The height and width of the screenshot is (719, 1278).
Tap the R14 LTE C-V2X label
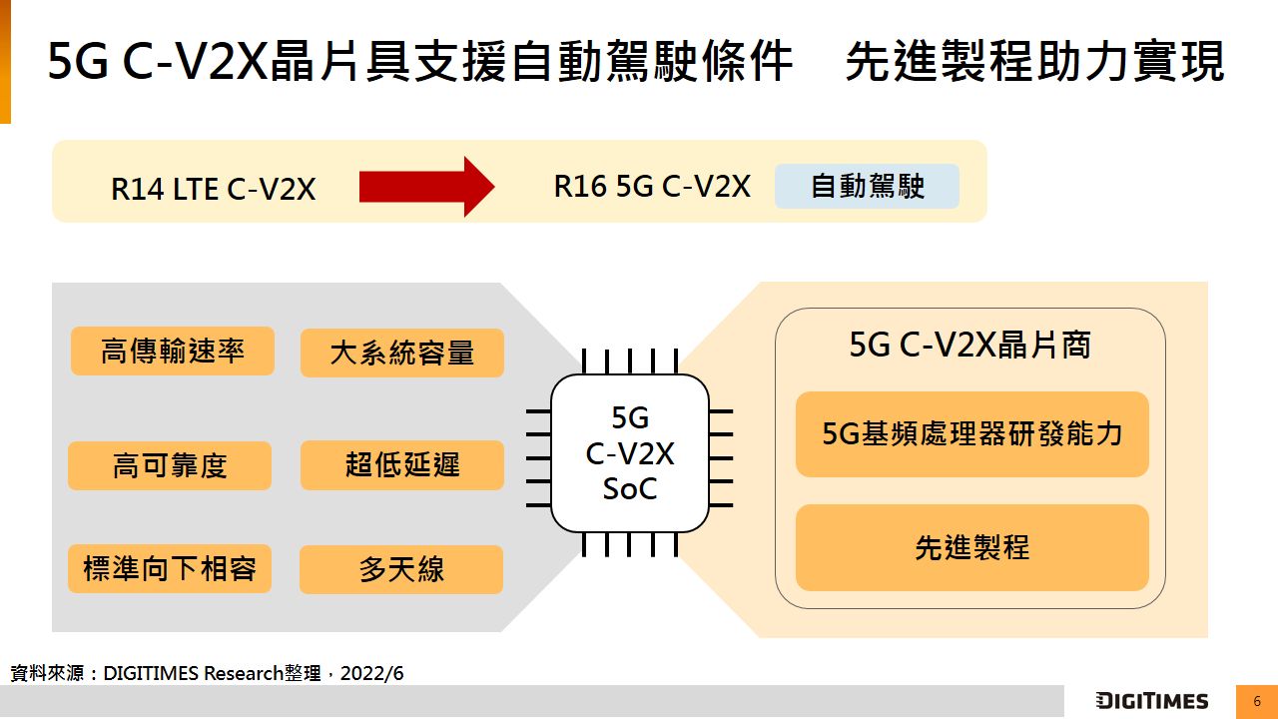(213, 189)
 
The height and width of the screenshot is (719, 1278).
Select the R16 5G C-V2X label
(652, 187)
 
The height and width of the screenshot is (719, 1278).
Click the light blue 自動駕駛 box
(867, 187)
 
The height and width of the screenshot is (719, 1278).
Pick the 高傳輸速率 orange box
(172, 351)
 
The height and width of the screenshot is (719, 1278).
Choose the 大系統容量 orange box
(401, 353)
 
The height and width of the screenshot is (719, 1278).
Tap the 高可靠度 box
(170, 465)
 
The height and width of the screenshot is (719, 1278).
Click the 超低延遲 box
(401, 465)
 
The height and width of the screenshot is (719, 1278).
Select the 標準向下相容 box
(170, 568)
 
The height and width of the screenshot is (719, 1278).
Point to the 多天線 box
(401, 569)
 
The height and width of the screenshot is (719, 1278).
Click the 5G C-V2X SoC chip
(630, 453)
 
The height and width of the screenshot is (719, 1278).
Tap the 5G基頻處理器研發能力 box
(971, 433)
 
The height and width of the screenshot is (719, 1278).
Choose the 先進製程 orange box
(971, 547)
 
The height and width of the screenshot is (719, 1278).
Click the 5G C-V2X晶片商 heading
(969, 345)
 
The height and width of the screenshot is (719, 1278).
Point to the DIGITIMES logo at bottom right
(1151, 701)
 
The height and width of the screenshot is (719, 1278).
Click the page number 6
(1257, 701)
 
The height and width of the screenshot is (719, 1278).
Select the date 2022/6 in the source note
(371, 673)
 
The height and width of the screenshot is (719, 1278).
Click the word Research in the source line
(244, 673)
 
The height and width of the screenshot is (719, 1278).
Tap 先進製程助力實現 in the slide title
(1034, 62)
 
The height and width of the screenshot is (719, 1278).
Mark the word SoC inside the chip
(630, 489)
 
